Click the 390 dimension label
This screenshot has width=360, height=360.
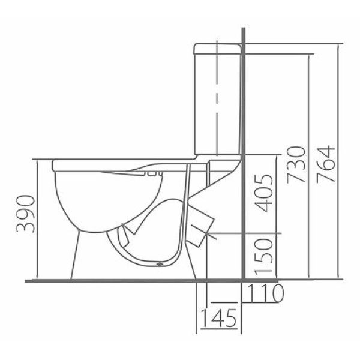point(25,214)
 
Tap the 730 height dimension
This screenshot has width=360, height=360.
point(296,164)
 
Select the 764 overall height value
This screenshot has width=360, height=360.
point(326,164)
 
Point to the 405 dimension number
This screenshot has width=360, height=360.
point(264,194)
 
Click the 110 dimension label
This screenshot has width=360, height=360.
point(265,293)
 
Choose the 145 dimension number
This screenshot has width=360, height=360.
point(219,318)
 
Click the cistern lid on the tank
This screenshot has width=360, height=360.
point(217,49)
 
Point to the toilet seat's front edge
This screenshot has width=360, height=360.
point(54,166)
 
